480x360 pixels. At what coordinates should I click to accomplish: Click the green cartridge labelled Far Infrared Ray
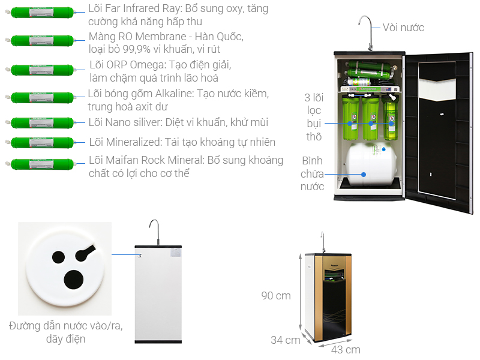tap(40, 13)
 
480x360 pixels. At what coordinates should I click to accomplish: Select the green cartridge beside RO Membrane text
tap(40, 40)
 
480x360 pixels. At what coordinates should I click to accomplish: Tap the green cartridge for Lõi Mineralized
tap(40, 142)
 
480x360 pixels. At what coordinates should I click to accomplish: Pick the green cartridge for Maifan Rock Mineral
tap(40, 164)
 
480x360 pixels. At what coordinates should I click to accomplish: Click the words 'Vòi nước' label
tap(403, 28)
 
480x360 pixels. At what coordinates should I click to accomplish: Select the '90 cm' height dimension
tap(276, 296)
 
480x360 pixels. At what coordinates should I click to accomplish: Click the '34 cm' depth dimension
tap(286, 340)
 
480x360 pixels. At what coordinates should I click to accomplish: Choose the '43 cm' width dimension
tap(346, 350)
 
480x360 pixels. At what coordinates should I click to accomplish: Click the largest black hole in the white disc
tap(73, 280)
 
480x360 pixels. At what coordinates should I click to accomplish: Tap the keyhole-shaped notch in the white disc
tap(85, 252)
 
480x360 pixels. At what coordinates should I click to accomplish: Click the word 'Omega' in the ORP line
tap(148, 65)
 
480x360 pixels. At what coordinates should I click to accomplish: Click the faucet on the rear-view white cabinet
tap(155, 232)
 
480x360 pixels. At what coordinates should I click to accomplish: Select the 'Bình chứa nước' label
tap(312, 173)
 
